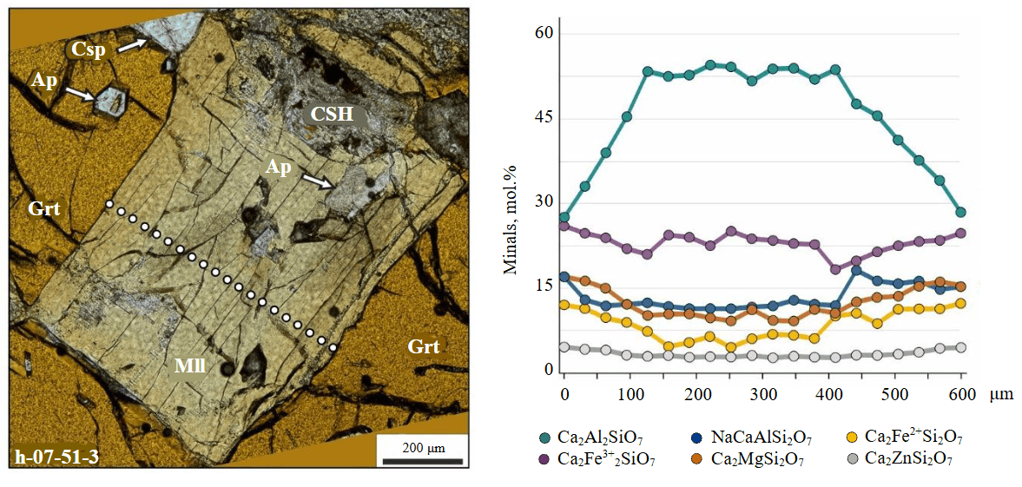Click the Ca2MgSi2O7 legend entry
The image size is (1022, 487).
(747, 459)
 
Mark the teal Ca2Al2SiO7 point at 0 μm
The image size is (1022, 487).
(564, 217)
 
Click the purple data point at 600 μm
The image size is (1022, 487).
(960, 234)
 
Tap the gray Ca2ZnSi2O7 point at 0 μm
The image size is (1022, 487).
(564, 347)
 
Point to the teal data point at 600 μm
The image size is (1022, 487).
(960, 213)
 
